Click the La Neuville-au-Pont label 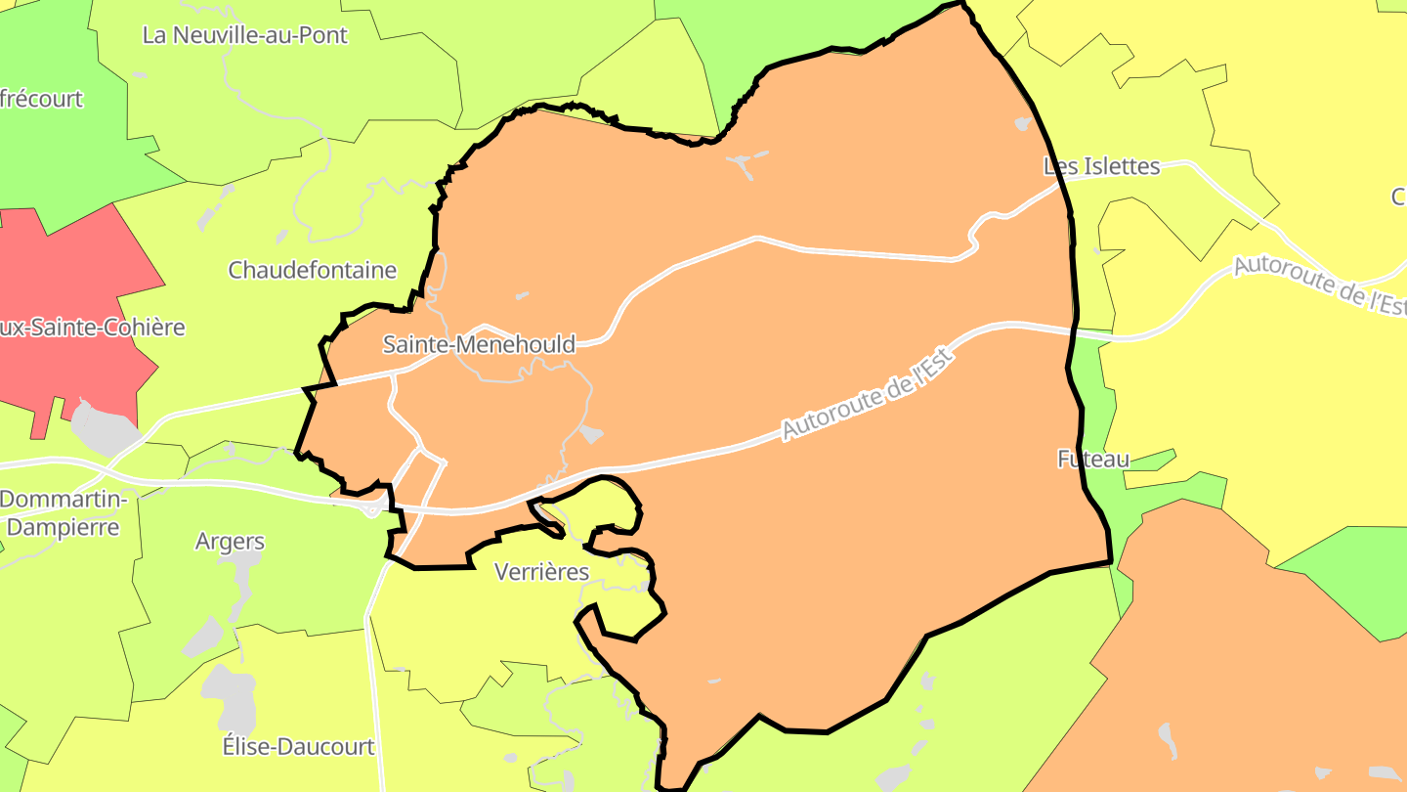(244, 35)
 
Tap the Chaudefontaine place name (312, 270)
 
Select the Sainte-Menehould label (479, 344)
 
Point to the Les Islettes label (1101, 166)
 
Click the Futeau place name (1093, 459)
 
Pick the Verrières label (542, 572)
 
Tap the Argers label (230, 542)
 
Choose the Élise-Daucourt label (298, 747)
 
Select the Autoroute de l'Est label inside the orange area (868, 392)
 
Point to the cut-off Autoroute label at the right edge (1319, 285)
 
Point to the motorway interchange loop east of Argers (371, 509)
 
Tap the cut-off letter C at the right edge (1398, 197)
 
